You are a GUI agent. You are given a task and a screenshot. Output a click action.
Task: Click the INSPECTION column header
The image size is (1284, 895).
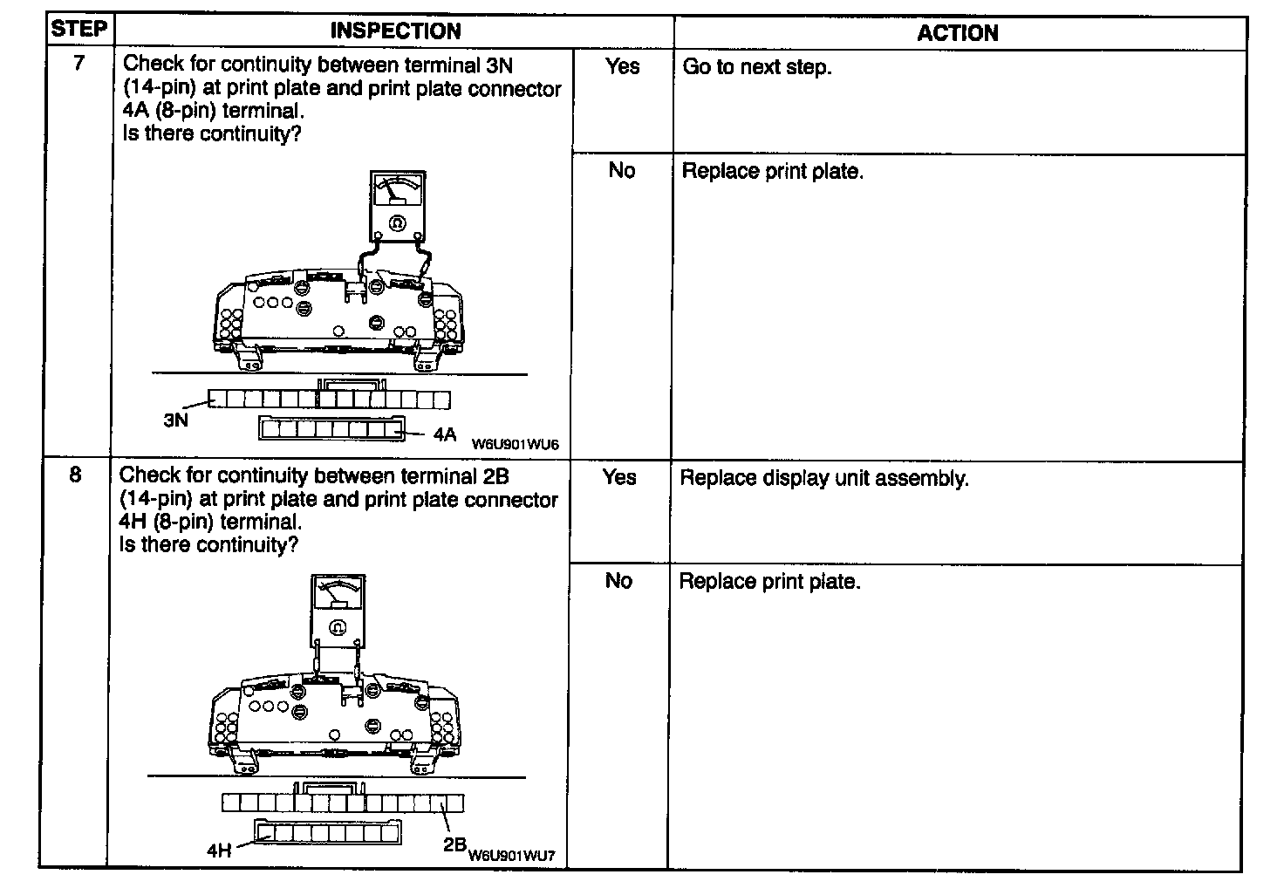pos(395,31)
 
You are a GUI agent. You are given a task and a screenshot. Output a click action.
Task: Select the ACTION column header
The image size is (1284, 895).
pos(957,33)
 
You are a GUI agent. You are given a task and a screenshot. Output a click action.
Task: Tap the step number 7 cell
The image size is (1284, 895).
pos(79,63)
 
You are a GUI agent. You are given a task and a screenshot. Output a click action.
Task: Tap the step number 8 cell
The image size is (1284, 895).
pos(76,475)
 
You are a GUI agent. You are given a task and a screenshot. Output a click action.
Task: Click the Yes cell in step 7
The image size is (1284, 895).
pos(622,66)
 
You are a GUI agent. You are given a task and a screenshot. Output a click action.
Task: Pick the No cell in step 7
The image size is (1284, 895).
pos(621,170)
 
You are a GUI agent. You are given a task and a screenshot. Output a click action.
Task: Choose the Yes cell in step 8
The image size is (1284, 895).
pos(619,477)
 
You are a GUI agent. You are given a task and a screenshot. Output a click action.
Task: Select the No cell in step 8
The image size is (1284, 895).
pos(618,581)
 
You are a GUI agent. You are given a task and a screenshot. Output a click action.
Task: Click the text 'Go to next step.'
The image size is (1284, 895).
pos(756,67)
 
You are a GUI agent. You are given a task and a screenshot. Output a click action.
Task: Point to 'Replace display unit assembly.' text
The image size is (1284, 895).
pos(823,479)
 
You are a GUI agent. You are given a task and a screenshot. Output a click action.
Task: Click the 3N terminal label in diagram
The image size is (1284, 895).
pos(175,420)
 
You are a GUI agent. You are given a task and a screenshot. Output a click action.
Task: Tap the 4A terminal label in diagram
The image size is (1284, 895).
pos(445,434)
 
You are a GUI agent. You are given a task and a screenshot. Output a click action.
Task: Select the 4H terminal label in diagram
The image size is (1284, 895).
pos(219,850)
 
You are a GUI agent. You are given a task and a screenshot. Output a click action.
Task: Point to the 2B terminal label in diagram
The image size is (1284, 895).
pos(454,844)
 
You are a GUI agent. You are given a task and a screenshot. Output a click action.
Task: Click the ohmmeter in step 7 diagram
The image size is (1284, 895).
pos(398,206)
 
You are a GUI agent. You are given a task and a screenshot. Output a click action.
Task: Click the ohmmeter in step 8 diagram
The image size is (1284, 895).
pos(338,608)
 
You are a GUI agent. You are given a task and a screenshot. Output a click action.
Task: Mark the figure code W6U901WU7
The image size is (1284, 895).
pos(511,856)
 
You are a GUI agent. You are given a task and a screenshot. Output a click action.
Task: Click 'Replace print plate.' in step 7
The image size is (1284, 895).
pos(772,171)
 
